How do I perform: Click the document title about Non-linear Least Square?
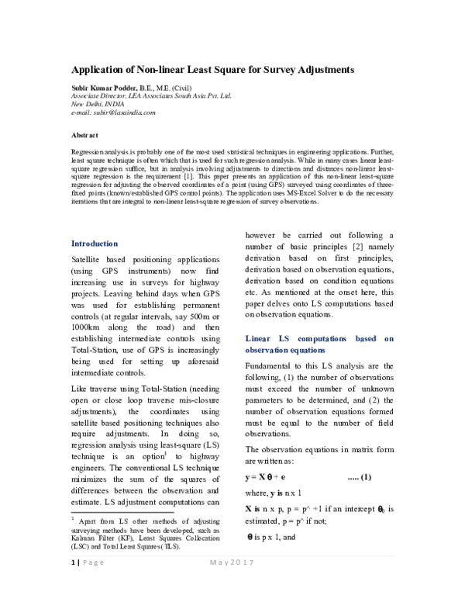[x=213, y=69]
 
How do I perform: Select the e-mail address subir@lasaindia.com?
[x=123, y=112]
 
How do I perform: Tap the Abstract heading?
[x=84, y=135]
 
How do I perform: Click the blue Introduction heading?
[x=94, y=243]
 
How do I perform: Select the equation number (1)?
[x=360, y=476]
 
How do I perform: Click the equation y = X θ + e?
[x=266, y=476]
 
